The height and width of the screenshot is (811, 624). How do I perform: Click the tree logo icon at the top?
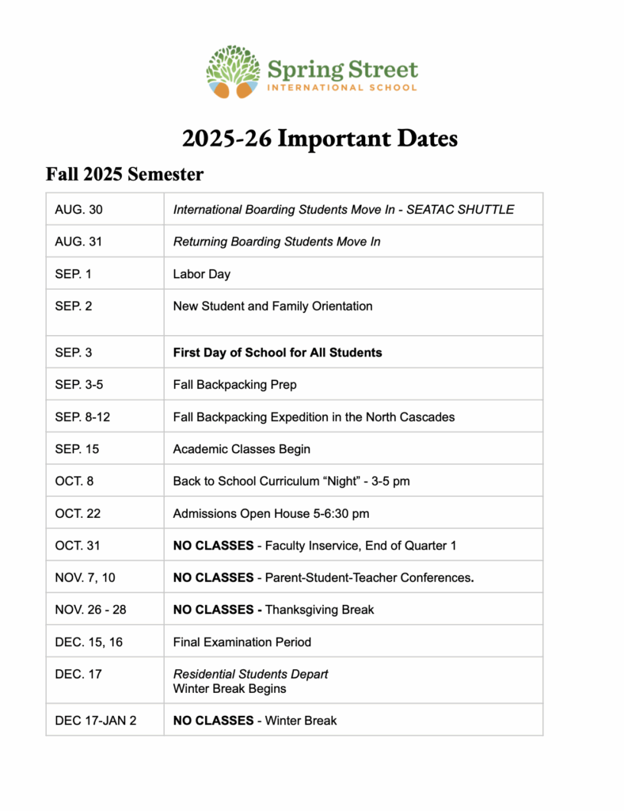[233, 72]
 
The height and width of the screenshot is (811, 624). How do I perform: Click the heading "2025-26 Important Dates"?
[320, 139]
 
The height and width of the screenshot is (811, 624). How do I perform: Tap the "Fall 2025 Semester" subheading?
[125, 173]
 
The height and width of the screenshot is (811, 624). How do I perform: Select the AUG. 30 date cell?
[78, 210]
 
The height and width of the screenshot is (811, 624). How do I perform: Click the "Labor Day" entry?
[202, 274]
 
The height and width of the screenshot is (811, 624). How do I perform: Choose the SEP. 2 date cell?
[73, 306]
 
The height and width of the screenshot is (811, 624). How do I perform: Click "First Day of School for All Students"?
[277, 352]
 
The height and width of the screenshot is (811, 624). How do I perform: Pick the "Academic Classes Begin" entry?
[242, 449]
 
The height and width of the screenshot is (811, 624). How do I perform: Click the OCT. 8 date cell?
[74, 481]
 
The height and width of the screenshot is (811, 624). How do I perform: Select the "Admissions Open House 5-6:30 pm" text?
[271, 513]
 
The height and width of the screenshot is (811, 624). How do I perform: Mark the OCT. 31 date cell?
[77, 546]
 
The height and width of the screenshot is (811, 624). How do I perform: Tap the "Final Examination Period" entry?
[242, 642]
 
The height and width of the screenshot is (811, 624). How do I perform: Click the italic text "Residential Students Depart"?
[250, 674]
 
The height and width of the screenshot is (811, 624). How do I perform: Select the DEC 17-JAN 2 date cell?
[95, 721]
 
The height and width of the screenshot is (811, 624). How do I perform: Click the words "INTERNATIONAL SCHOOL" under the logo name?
[342, 87]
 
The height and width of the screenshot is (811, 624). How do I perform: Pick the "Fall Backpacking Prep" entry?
[235, 385]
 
